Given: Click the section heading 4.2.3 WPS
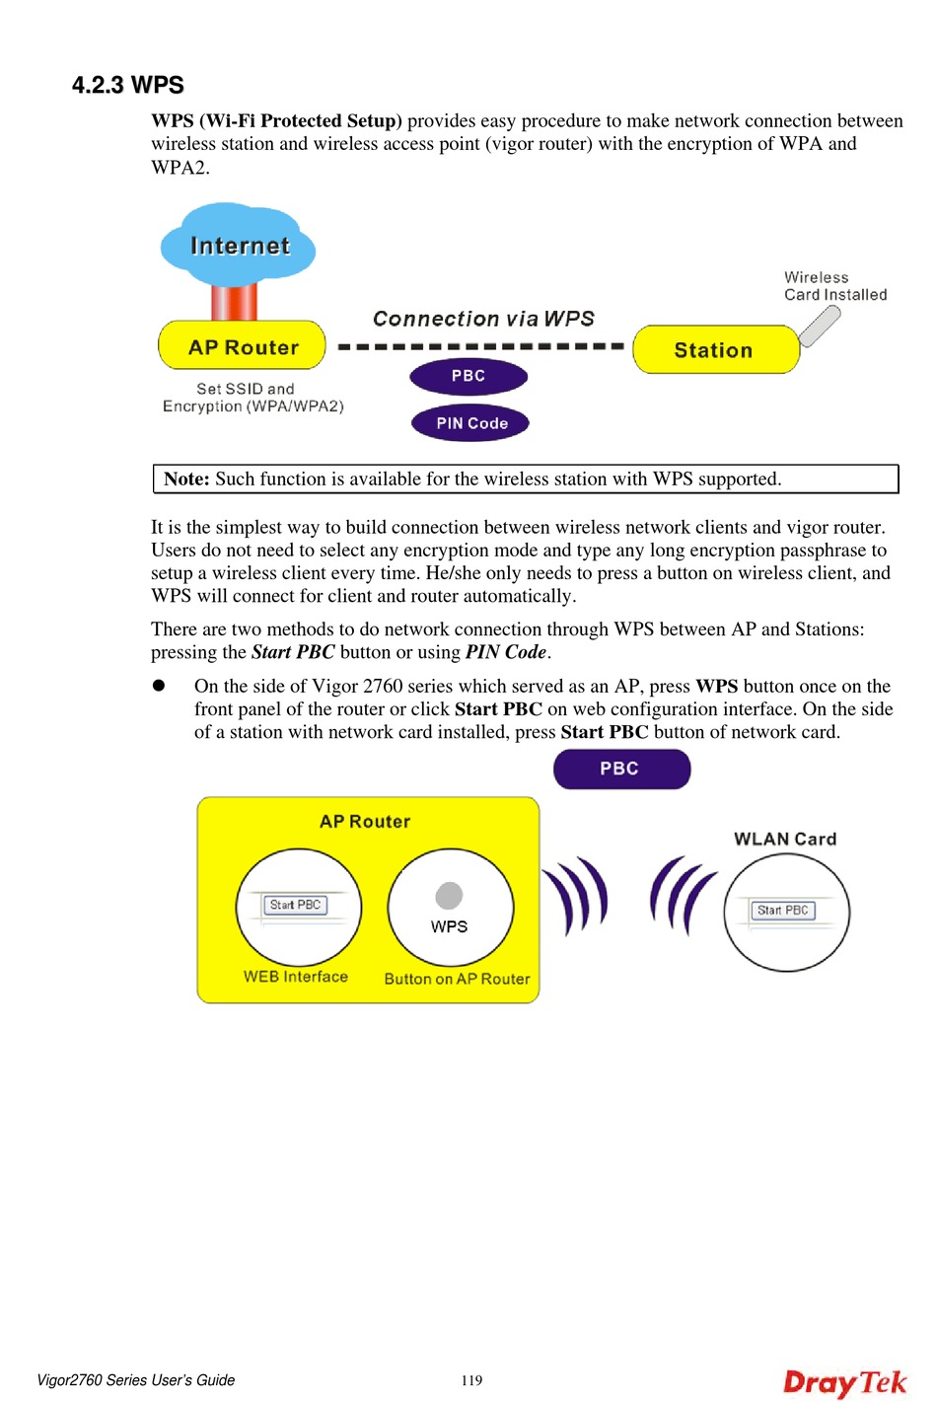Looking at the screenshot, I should click(128, 85).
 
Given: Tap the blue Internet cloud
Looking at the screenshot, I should click(239, 245).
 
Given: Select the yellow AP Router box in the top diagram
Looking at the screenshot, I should click(243, 346).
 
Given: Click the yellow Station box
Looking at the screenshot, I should click(714, 350).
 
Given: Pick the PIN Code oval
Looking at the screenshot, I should click(470, 423).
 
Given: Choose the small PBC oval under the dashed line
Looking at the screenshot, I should click(468, 376).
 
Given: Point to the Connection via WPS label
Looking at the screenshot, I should click(483, 319).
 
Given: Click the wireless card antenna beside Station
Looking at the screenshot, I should click(820, 326).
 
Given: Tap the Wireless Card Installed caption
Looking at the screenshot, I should click(834, 286).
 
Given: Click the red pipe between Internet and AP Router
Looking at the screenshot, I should click(235, 301).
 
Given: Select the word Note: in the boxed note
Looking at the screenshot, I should click(186, 479).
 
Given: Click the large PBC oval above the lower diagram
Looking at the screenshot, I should click(620, 769).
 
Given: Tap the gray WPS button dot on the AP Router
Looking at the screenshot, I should click(449, 895).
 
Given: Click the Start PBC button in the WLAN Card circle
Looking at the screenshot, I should click(783, 911).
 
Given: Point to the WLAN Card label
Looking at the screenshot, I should click(785, 839).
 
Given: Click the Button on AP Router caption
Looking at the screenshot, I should click(457, 979).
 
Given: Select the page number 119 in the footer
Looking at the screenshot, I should click(471, 1380).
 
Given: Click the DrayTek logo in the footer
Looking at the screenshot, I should click(844, 1382).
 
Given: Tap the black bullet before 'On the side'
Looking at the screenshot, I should click(158, 686).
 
